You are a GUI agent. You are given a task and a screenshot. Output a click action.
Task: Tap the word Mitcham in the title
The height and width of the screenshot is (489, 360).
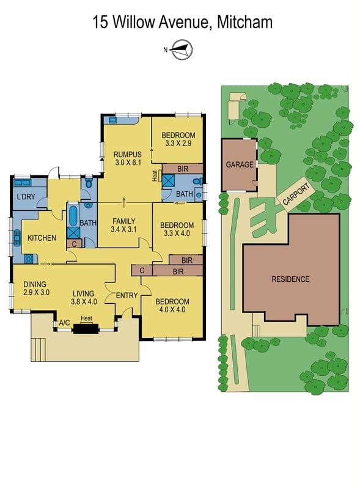244,23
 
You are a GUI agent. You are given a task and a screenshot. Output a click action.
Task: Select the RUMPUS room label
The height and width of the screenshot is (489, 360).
128,155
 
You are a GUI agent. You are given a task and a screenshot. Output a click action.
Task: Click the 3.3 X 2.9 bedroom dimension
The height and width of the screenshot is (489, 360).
178,144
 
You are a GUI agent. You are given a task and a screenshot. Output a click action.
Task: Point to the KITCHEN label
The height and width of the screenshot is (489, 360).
42,238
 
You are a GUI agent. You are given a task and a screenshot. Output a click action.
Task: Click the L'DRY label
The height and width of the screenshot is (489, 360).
26,196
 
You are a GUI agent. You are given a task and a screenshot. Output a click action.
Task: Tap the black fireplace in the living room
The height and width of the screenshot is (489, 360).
86,329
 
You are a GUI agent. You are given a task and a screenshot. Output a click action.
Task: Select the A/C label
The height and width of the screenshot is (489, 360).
64,323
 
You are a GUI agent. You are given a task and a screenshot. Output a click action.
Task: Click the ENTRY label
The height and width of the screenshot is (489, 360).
127,295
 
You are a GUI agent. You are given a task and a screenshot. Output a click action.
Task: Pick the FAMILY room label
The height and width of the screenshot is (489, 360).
124,221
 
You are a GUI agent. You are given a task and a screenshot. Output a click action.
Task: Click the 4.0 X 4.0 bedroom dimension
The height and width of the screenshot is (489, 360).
172,310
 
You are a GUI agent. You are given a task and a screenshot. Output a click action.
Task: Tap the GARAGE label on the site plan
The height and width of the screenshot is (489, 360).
240,164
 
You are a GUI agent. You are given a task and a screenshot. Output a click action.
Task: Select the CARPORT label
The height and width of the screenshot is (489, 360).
296,194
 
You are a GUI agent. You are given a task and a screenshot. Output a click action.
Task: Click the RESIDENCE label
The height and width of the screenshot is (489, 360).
290,279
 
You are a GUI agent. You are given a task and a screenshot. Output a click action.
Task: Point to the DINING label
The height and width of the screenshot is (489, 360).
35,284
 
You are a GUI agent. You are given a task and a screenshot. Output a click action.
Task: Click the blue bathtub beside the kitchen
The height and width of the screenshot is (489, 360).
73,216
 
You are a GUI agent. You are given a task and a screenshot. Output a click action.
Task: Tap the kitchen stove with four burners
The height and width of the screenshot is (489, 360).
29,259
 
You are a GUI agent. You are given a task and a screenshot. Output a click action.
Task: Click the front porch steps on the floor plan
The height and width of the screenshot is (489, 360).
39,349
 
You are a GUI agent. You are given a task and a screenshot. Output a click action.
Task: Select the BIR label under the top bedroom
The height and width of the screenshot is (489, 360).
183,169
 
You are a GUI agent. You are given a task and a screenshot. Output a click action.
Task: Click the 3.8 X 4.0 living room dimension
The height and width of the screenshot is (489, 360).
84,301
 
